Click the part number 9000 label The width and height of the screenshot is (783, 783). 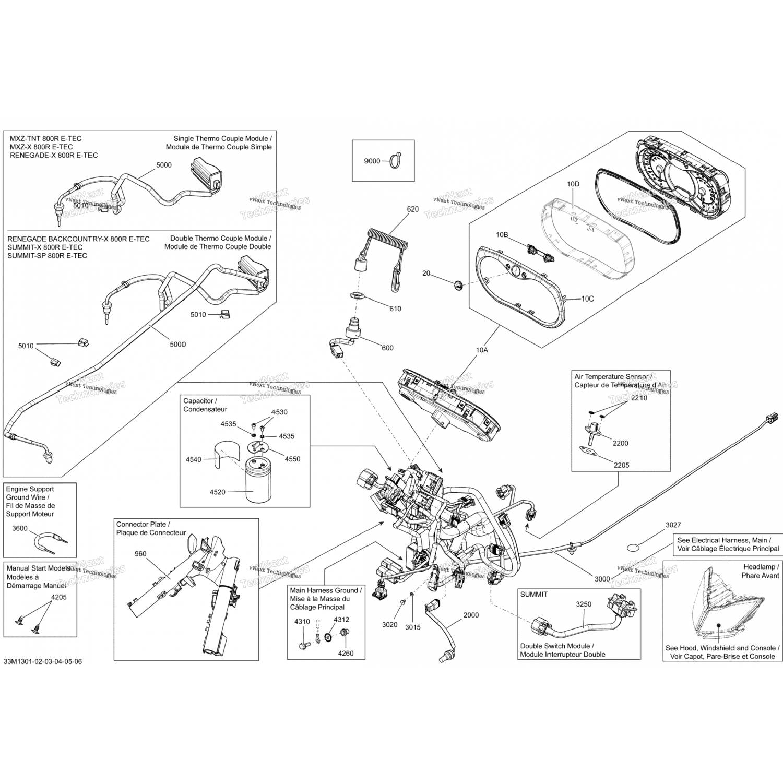(x=372, y=161)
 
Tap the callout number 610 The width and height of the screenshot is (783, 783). (x=395, y=309)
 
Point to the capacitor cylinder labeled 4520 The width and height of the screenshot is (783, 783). (x=257, y=481)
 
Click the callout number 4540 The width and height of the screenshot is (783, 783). (x=193, y=459)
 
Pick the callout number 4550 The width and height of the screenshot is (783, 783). (x=292, y=459)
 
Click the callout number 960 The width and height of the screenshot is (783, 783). (x=140, y=554)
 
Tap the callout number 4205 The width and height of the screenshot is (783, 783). (x=58, y=597)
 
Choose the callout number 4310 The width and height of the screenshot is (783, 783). (x=302, y=622)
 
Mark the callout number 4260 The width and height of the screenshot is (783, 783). (x=345, y=653)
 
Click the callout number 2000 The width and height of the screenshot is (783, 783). (x=471, y=615)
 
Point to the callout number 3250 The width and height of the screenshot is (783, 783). (x=584, y=604)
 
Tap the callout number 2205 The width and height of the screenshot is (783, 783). (x=621, y=465)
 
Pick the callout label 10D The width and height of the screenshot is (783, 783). (x=573, y=184)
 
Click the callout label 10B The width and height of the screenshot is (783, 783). (x=502, y=235)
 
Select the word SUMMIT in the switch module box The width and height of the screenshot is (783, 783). (x=534, y=595)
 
